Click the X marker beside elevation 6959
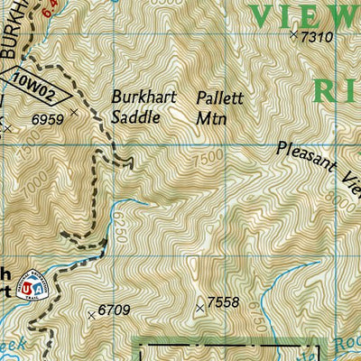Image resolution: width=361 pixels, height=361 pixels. [x=74, y=114]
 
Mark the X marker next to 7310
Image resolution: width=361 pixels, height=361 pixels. [x=293, y=35]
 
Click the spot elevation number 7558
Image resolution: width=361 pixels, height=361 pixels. [x=223, y=303]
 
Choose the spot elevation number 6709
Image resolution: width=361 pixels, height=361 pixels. [x=115, y=310]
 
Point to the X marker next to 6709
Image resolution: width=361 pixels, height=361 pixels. [x=91, y=315]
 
